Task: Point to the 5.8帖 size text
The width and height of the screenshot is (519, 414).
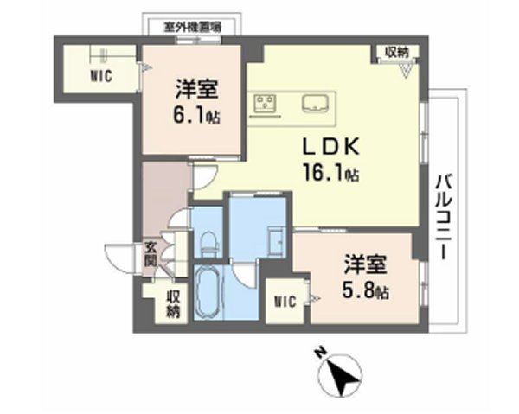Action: (364, 291)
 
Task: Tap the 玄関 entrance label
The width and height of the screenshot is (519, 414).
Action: (150, 252)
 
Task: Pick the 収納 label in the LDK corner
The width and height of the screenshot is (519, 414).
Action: (396, 51)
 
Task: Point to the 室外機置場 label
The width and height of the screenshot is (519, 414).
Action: (192, 27)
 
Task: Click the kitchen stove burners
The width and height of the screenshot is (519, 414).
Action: (265, 104)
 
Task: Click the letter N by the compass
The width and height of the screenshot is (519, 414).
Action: (319, 353)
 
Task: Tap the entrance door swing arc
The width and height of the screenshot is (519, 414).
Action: (119, 258)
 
